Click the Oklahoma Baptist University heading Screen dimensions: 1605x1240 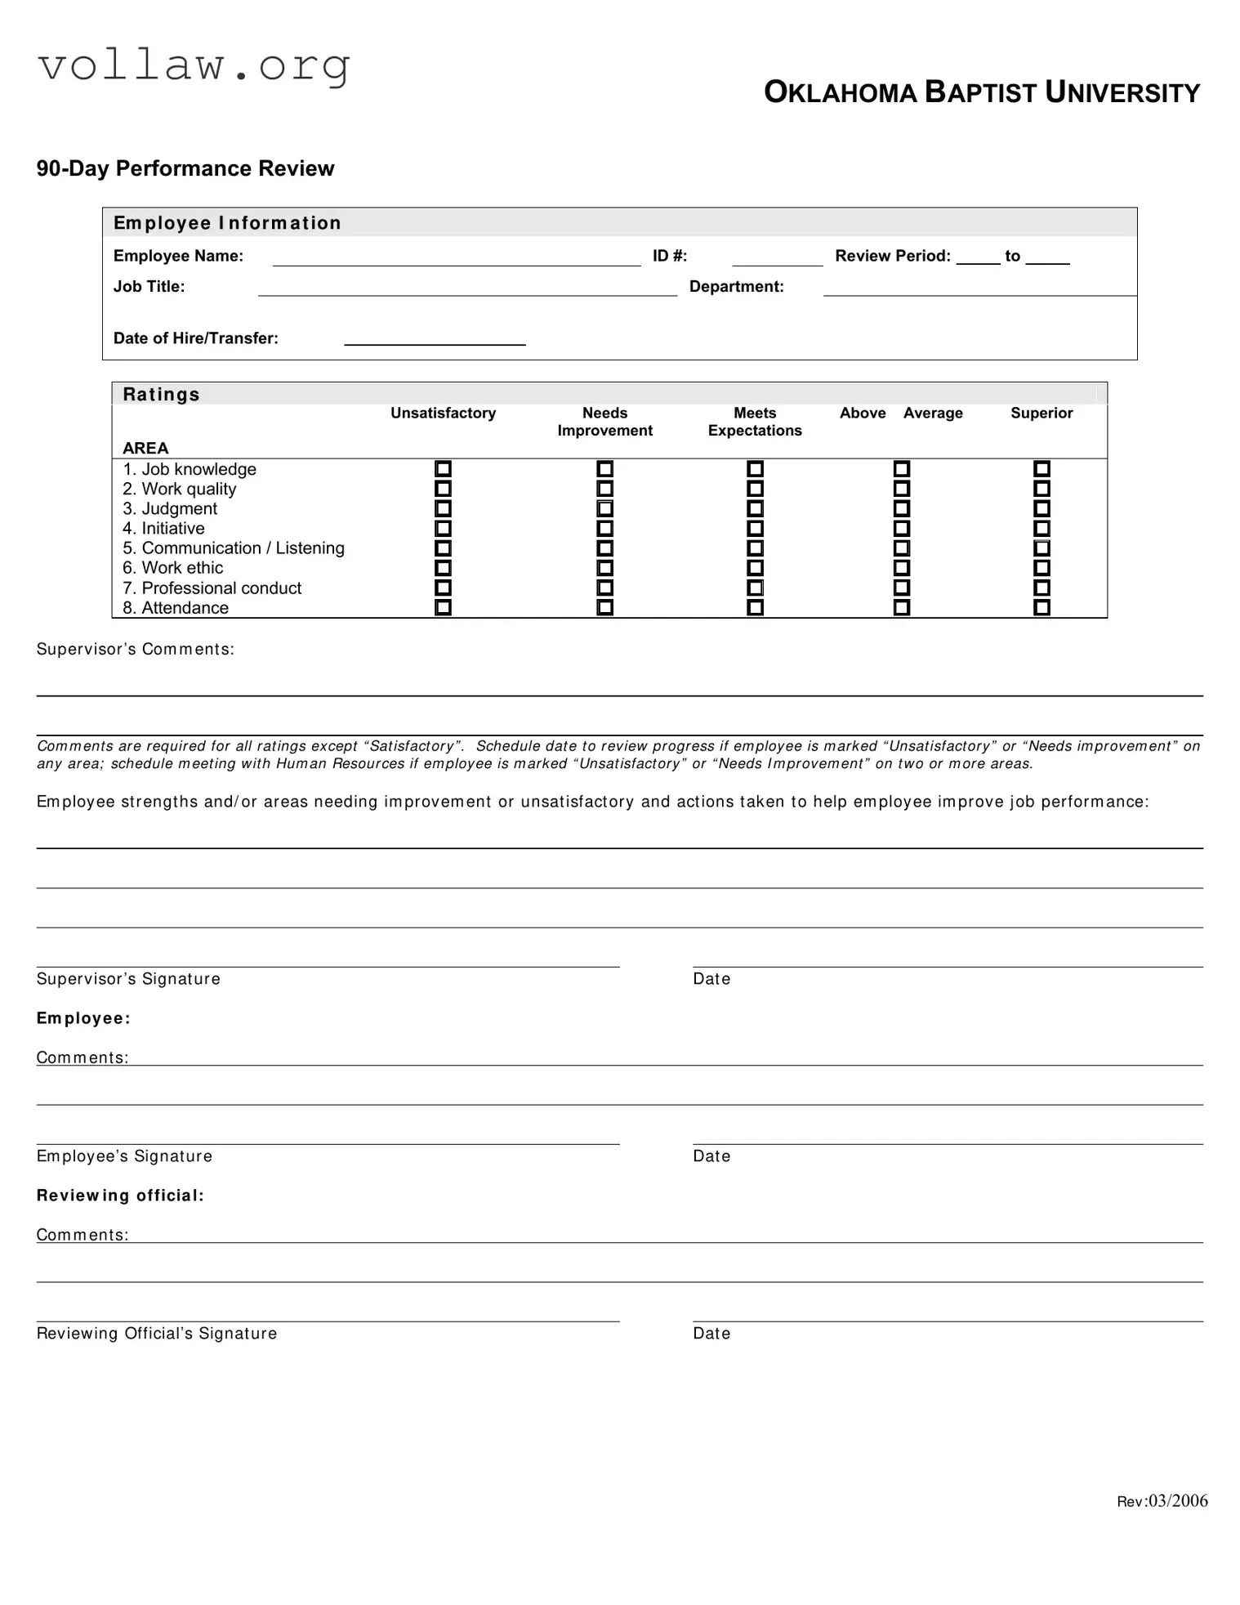tap(981, 92)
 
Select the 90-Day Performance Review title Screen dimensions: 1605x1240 tap(185, 168)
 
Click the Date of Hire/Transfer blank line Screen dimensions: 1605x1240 tap(435, 339)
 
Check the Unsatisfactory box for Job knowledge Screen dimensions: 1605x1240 tap(443, 469)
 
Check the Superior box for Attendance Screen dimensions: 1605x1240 tap(1042, 607)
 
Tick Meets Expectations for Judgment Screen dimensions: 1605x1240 tap(755, 508)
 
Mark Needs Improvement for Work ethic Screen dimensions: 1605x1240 tap(604, 568)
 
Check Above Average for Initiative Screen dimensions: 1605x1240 tap(901, 528)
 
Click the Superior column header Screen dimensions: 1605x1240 tap(1042, 413)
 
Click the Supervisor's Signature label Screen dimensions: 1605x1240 tap(128, 979)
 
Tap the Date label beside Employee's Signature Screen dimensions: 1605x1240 tap(711, 1156)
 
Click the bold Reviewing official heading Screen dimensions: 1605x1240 tap(120, 1196)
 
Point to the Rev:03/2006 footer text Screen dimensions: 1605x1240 tap(1162, 1501)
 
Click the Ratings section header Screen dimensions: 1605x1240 tap(161, 395)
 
